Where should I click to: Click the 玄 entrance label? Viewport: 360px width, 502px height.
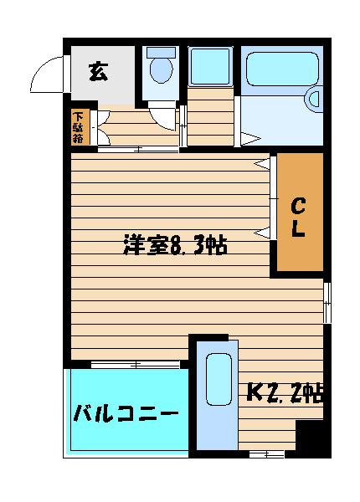pos(98,71)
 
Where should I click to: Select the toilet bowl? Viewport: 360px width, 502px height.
pos(161,70)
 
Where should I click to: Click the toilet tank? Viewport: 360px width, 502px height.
pos(161,53)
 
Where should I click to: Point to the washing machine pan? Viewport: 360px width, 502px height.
pos(210,67)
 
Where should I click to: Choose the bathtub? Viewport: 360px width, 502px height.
pos(282,69)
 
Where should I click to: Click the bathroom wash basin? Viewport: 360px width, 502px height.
pos(314,100)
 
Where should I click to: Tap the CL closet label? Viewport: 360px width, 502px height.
pos(298,218)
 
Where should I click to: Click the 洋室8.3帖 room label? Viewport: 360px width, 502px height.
pos(175,245)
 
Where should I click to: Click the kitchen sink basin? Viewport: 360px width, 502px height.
pos(219,379)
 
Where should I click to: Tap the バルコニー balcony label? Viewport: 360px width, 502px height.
pos(126,413)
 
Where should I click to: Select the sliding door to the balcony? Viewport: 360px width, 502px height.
pos(136,364)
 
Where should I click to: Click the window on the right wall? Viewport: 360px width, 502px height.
pos(327,303)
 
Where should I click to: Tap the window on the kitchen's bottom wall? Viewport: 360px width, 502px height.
pos(266,454)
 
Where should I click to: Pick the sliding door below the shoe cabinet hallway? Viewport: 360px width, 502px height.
pos(138,149)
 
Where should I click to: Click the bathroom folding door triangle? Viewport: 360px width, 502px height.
pos(250,139)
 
